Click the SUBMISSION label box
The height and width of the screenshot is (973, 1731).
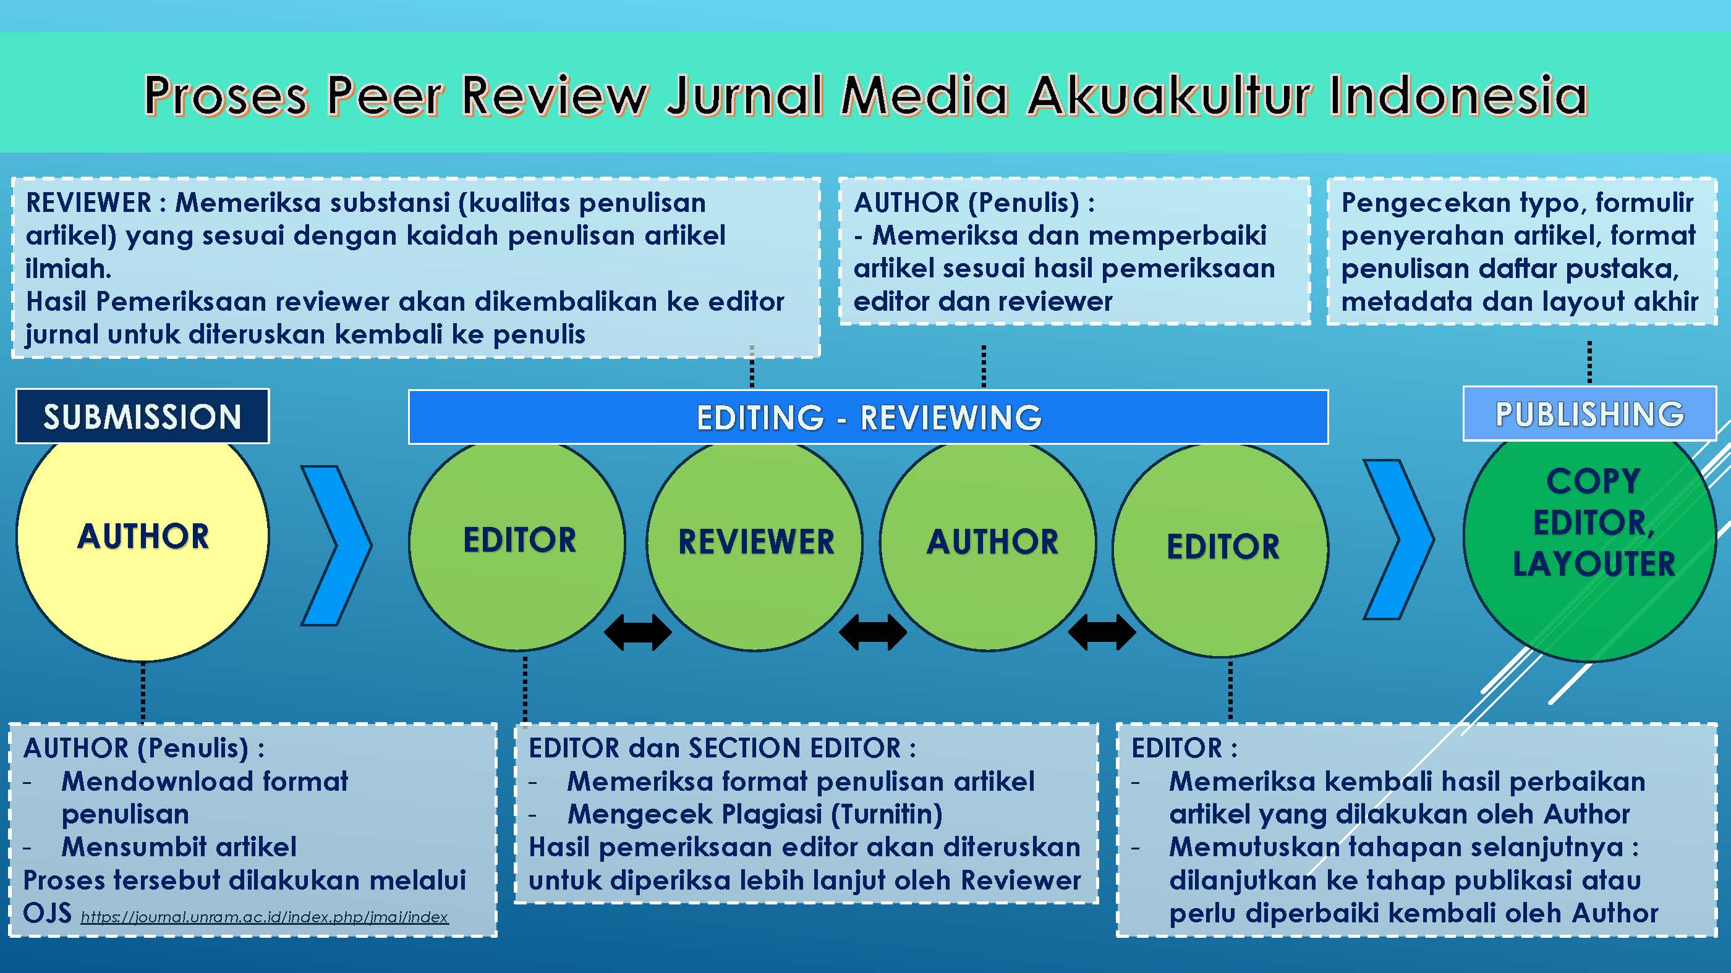(142, 416)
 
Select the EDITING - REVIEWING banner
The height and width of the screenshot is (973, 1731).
(868, 417)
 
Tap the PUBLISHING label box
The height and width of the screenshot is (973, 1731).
(1589, 415)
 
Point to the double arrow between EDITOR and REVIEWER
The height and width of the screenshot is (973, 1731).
(638, 632)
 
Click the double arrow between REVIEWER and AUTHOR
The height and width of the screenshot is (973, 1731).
(873, 632)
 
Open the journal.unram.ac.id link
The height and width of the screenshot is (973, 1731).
(264, 917)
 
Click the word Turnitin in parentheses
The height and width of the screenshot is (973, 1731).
(887, 814)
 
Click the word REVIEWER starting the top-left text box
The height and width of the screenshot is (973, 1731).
(88, 203)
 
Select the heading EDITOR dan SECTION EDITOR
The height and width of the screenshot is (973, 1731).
(721, 748)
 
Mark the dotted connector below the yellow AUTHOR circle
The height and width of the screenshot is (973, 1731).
(143, 692)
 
